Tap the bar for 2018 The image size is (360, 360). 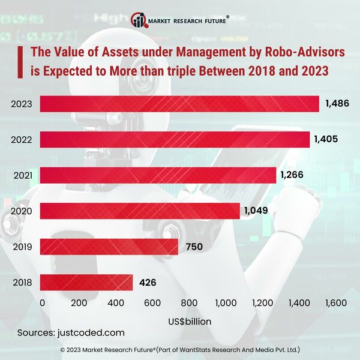tap(86, 282)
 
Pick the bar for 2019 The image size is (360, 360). tap(109, 247)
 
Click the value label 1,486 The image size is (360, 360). tap(337, 104)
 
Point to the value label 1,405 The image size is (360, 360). tap(326, 139)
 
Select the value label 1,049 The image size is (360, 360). tap(256, 211)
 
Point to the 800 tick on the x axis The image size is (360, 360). tap(189, 303)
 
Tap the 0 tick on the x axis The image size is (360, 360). tap(42, 303)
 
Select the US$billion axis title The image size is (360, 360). tap(189, 321)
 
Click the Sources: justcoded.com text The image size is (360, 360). tap(71, 332)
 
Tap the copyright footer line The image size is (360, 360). tap(180, 349)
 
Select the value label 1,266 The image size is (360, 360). tap(292, 175)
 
